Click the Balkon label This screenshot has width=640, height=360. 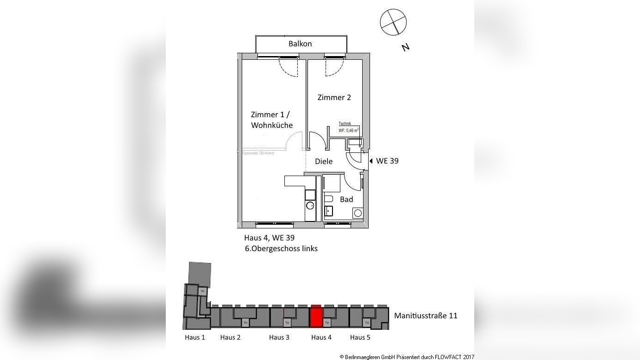pos(300,44)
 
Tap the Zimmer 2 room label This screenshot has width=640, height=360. pos(334,97)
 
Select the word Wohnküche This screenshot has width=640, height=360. pos(272,125)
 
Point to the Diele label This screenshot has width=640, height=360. pos(324,161)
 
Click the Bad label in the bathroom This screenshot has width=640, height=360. pos(346,199)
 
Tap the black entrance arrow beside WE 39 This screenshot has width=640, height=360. pos(371,161)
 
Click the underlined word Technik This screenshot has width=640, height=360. pos(345,124)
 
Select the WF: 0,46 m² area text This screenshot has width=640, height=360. pos(349,131)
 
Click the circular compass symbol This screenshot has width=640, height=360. pos(393,22)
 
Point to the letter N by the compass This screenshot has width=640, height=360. pos(406,47)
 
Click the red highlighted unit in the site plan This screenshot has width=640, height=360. pos(316,316)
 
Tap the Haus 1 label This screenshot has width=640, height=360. pos(195,337)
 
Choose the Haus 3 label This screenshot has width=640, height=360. pos(279,337)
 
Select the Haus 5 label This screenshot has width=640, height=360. pos(360,337)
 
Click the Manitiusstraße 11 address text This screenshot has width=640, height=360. pos(426,316)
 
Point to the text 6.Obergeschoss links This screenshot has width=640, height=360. pos(281,248)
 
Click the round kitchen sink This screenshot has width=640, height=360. pos(310,205)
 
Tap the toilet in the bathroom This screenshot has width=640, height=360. pos(328,199)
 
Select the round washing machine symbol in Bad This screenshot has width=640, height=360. pos(358,213)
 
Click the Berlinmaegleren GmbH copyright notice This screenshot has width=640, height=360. pos(407,357)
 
